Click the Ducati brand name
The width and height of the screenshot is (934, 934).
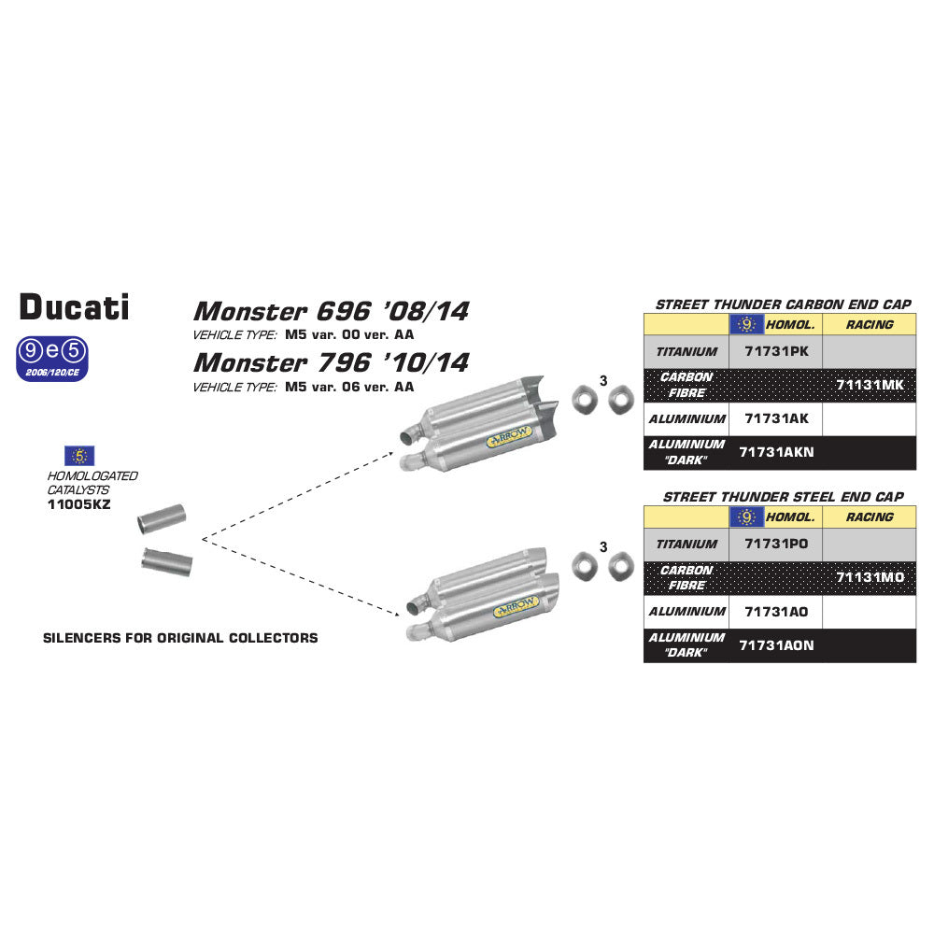click(75, 306)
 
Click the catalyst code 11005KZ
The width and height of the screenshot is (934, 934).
click(78, 502)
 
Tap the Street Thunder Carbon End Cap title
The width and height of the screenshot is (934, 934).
click(783, 304)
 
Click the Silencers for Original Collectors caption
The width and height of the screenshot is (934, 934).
click(180, 638)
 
